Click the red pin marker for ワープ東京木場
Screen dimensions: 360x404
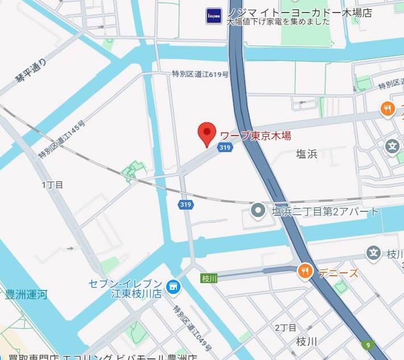click(x=207, y=133)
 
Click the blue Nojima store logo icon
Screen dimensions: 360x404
click(x=213, y=15)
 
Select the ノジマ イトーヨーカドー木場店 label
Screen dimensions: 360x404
click(x=299, y=13)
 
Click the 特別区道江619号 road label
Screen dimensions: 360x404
click(x=200, y=74)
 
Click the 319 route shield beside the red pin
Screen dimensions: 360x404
click(x=224, y=148)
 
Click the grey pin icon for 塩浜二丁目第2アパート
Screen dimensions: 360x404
click(x=258, y=211)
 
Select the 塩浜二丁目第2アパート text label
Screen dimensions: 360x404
click(x=325, y=212)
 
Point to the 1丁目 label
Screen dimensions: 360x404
click(x=52, y=185)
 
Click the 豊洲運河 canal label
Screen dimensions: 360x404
click(x=26, y=294)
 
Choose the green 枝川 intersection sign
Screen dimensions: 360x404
click(x=209, y=278)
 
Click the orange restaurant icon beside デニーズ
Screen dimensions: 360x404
click(x=306, y=272)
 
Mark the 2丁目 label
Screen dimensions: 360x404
click(x=286, y=328)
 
